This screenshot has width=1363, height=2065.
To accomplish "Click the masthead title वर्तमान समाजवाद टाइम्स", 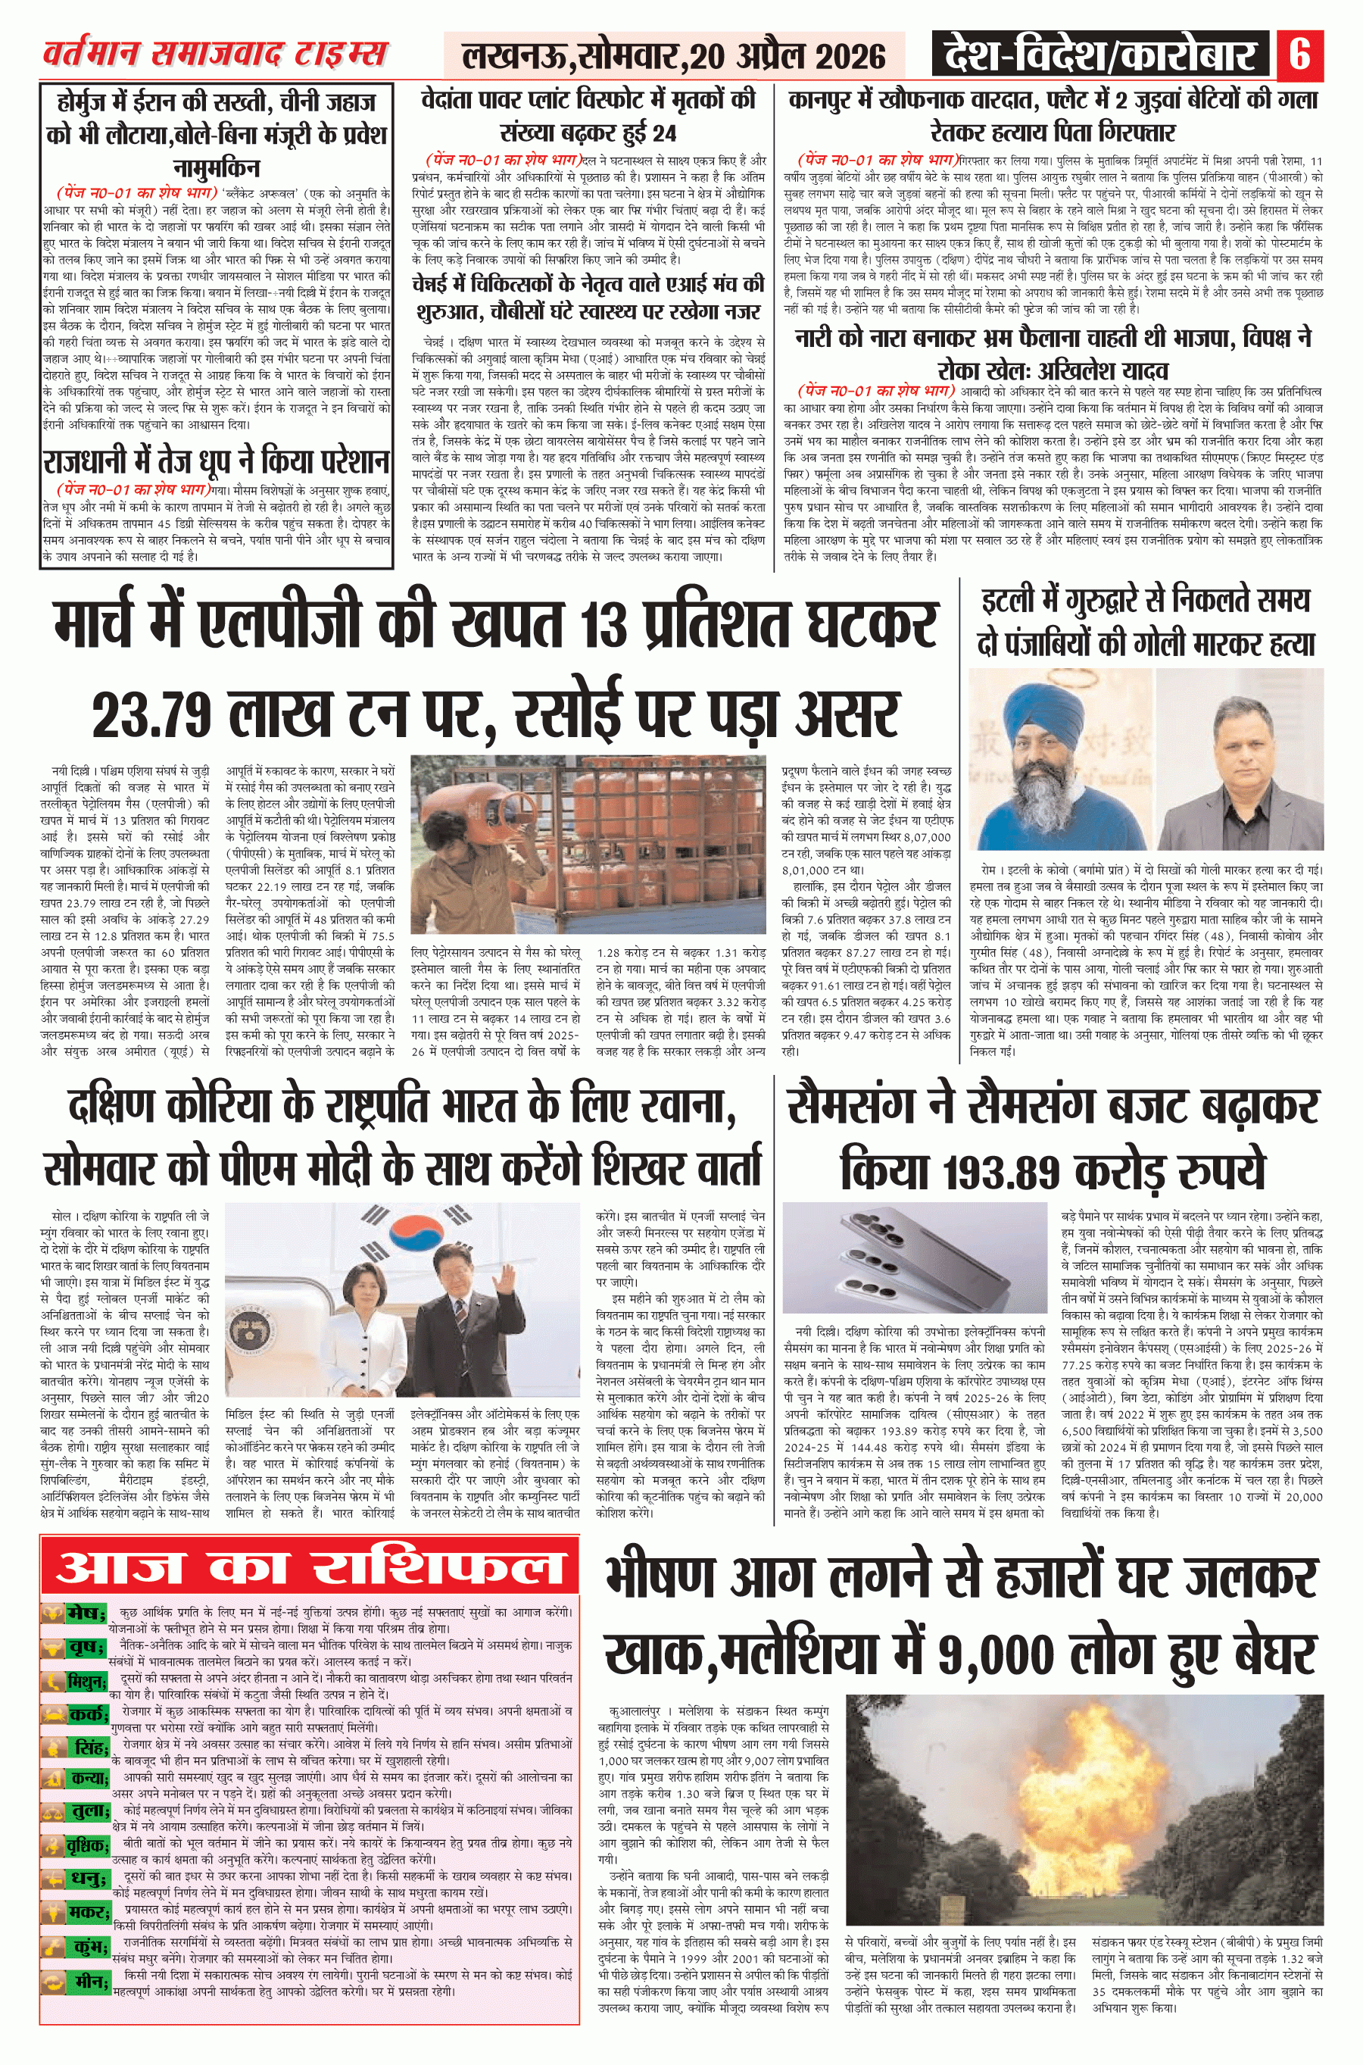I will click(215, 55).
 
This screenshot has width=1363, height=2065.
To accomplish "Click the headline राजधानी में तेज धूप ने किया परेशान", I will click(216, 461).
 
